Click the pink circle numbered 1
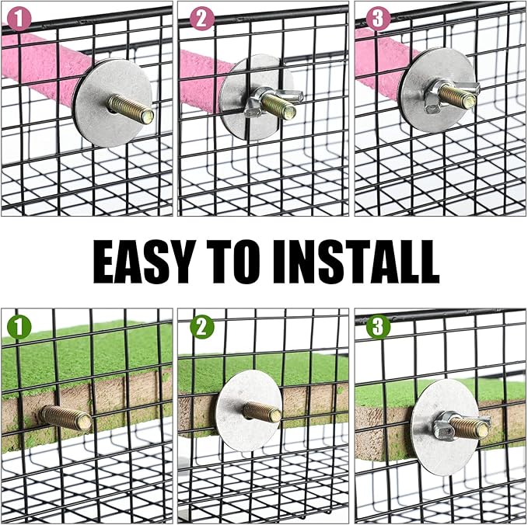tap(19, 19)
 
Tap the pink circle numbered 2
tap(201, 18)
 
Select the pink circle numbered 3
tap(378, 18)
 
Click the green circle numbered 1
tap(19, 327)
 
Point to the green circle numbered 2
tap(202, 327)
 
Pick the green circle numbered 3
tap(378, 326)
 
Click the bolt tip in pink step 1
tap(148, 116)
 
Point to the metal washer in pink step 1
tap(113, 103)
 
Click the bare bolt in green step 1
tap(66, 418)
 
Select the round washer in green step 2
tap(249, 410)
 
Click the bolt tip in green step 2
tap(277, 415)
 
